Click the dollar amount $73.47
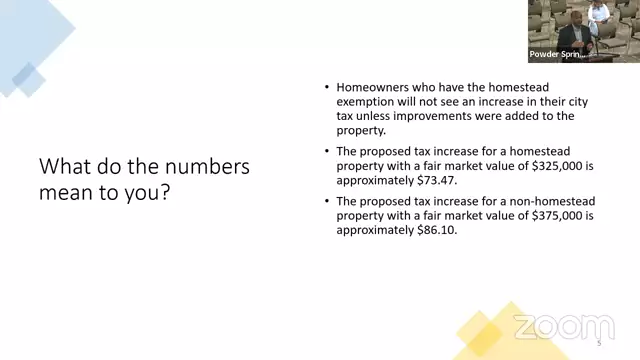pyautogui.click(x=436, y=180)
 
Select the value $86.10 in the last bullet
pyautogui.click(x=436, y=230)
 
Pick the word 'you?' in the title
pyautogui.click(x=147, y=193)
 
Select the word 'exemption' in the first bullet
pyautogui.click(x=365, y=102)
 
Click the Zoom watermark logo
pyautogui.click(x=564, y=327)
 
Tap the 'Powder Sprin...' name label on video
pyautogui.click(x=557, y=54)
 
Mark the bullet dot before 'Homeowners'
pyautogui.click(x=327, y=87)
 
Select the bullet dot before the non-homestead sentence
pyautogui.click(x=327, y=200)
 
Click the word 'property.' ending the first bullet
pyautogui.click(x=361, y=131)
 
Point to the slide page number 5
pyautogui.click(x=599, y=343)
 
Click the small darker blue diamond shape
pyautogui.click(x=29, y=79)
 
